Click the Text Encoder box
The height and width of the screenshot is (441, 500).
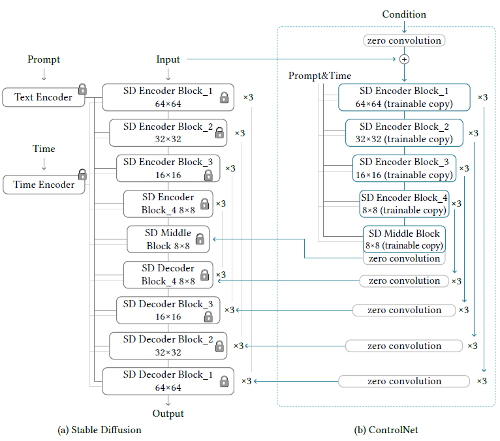pos(44,97)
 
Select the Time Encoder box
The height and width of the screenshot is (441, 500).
pos(44,185)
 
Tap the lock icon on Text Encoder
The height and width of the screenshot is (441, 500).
pos(82,89)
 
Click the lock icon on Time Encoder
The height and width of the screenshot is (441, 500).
pos(82,175)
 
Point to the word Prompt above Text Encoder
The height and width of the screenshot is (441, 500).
pos(44,59)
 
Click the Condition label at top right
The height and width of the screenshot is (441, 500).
pos(404,14)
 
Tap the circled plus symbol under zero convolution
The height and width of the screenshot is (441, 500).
pos(404,59)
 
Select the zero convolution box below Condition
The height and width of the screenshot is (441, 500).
pos(404,40)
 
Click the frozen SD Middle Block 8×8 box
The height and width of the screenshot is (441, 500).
pos(168,239)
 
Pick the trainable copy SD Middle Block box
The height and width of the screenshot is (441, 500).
pos(404,239)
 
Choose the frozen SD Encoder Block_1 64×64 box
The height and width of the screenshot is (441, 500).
pos(168,97)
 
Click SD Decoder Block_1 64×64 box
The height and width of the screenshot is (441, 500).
pos(168,381)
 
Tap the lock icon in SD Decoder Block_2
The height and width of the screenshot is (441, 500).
pos(219,346)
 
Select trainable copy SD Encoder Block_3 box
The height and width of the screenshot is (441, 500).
pos(404,168)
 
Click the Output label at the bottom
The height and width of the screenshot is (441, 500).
pos(168,414)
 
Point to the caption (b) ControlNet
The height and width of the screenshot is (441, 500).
pos(386,430)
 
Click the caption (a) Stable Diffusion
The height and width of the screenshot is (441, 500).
pos(99,430)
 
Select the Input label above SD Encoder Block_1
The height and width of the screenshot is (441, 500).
pos(168,59)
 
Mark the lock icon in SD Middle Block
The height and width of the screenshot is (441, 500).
pos(200,239)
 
